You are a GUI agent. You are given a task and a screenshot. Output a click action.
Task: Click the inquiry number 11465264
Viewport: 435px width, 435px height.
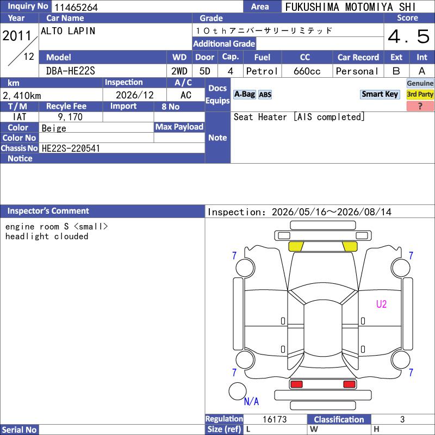[x=76, y=7]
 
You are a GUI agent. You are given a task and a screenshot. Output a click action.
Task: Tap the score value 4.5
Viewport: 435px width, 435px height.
[x=408, y=36]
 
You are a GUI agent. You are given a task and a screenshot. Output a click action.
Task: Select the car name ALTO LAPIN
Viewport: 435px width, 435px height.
[x=68, y=31]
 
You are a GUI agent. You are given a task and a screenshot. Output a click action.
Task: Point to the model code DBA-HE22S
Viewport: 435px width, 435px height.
[x=71, y=71]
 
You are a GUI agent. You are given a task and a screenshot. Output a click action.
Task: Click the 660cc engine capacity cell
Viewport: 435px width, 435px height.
[x=307, y=71]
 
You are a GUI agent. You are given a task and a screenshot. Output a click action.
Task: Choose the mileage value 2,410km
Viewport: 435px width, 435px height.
[x=22, y=96]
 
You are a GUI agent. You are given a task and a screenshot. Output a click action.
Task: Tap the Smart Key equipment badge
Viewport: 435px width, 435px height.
[x=380, y=94]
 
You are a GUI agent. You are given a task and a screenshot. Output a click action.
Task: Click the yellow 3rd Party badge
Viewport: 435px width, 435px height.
[x=420, y=94]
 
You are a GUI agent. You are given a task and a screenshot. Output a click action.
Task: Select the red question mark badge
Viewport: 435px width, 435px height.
[x=420, y=106]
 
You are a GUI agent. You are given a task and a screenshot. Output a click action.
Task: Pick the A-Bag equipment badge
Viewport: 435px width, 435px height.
[x=244, y=94]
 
